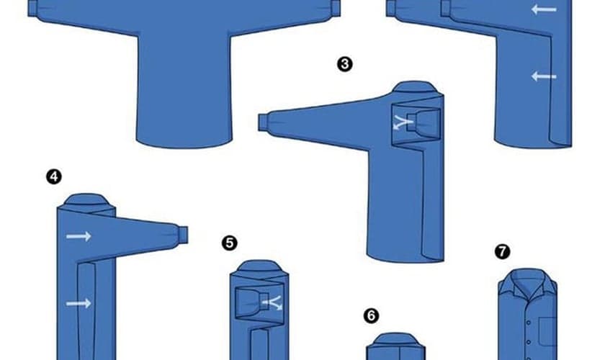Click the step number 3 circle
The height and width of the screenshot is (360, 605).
[x=344, y=64]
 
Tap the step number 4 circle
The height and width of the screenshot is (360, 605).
[x=53, y=176]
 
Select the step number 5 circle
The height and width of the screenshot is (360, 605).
[x=230, y=243]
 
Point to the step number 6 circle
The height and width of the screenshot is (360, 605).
[x=371, y=315]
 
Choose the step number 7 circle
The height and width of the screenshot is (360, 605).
[x=502, y=251]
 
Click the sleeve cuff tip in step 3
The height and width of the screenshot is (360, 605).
[x=263, y=122]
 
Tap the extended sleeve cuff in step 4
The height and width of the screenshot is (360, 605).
[x=182, y=235]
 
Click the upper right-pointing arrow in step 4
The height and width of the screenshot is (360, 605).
[x=79, y=236]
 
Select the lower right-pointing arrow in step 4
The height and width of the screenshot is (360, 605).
[x=79, y=304]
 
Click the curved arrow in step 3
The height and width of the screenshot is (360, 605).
[x=403, y=123]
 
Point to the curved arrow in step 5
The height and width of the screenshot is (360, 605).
[x=273, y=303]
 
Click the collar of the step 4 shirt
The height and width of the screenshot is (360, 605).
[x=86, y=201]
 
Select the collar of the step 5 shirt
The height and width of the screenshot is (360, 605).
[x=259, y=267]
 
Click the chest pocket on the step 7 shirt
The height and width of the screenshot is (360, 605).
[x=547, y=331]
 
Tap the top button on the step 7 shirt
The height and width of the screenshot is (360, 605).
[x=529, y=322]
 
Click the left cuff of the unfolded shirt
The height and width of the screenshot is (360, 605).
[x=33, y=9]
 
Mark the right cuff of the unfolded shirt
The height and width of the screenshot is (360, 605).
[x=336, y=8]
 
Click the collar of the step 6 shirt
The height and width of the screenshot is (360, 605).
[x=395, y=340]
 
